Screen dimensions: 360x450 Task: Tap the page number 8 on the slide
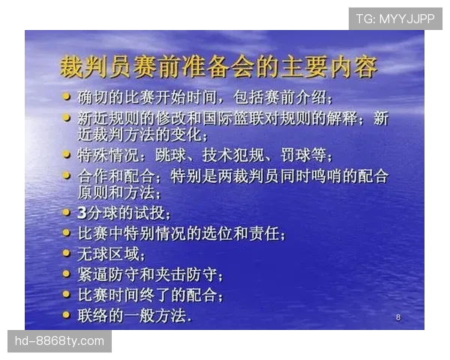(x=397, y=318)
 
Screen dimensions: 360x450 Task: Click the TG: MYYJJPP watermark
(x=395, y=18)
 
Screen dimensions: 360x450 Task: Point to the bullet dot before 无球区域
(x=67, y=253)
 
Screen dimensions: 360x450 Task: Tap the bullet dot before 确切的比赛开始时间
(x=67, y=97)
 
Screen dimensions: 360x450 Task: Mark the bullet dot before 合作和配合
(x=67, y=175)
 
